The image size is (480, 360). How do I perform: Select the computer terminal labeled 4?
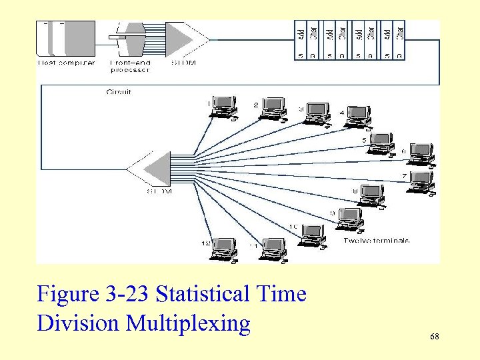[x=358, y=116]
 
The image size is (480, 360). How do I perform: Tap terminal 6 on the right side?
[x=421, y=154]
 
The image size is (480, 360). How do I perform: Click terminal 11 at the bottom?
[x=272, y=249]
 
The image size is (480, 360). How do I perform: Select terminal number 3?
[x=317, y=113]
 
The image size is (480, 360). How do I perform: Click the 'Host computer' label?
[x=66, y=63]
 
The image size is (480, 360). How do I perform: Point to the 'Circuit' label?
[x=119, y=91]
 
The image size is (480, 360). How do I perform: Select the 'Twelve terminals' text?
[x=377, y=240]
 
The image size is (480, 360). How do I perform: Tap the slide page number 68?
[x=435, y=337]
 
